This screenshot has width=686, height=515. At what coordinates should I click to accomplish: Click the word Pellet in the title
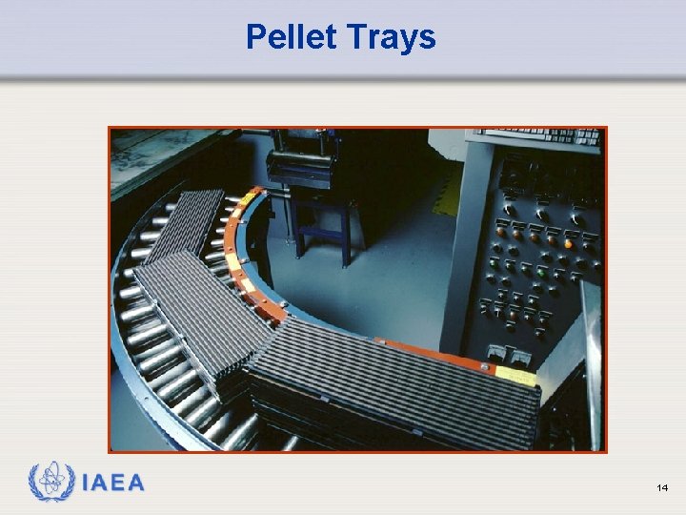pos(290,37)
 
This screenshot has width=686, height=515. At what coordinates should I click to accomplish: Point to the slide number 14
pos(662,488)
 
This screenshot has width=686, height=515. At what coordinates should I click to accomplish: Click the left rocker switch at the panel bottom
pos(495,354)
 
